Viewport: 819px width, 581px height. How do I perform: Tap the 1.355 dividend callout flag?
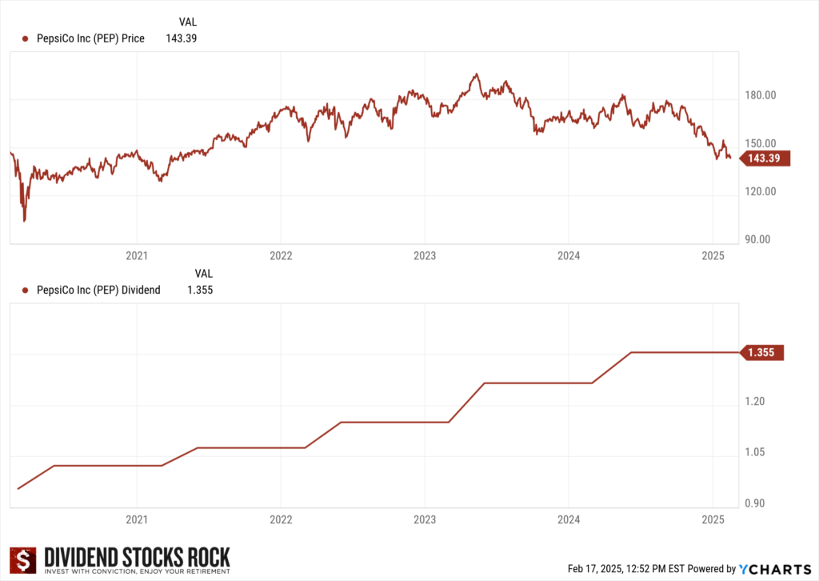click(x=764, y=352)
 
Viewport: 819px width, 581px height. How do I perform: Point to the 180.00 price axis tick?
click(x=760, y=96)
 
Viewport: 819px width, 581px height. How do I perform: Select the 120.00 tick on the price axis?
click(x=760, y=192)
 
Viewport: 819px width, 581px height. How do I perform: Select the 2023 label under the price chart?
click(x=424, y=256)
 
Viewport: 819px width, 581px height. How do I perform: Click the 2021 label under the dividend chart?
click(x=137, y=520)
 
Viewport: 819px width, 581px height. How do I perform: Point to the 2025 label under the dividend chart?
click(x=712, y=520)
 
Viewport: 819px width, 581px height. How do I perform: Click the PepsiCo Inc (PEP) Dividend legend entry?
click(x=98, y=290)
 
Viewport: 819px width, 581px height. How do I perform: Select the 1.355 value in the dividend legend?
click(x=199, y=290)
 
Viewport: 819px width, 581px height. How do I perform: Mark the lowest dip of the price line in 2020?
click(x=24, y=220)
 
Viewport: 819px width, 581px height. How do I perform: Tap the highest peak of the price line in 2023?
click(x=476, y=74)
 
